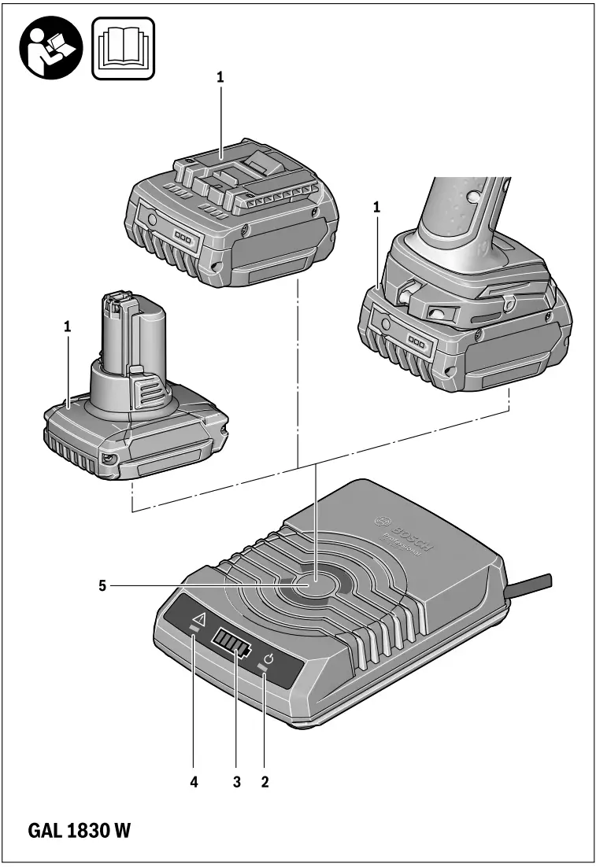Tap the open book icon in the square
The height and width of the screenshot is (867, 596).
(124, 48)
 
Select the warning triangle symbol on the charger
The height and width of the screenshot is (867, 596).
(198, 620)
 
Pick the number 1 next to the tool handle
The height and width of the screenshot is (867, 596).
(377, 207)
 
